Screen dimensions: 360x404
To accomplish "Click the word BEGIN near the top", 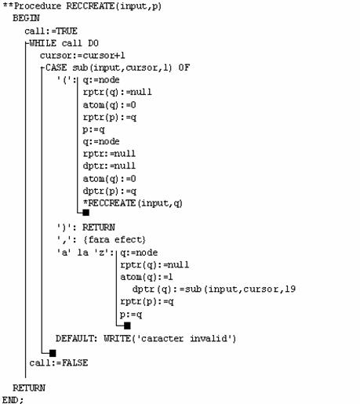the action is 26,18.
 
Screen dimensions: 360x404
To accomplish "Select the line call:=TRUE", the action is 51,31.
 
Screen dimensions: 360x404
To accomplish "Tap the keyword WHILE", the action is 43,43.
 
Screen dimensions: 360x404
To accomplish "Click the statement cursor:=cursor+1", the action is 82,56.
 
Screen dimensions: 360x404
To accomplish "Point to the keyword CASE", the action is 56,67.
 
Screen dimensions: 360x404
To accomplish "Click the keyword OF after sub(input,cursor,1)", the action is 184,67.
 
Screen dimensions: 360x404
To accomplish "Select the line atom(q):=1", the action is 147,277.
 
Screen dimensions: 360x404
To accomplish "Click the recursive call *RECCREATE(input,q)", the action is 133,203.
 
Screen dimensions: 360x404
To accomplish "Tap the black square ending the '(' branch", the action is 86,213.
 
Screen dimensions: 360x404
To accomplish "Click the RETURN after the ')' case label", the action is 99,227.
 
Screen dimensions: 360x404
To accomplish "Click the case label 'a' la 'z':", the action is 85,253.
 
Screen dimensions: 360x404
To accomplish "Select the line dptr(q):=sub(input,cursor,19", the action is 214,289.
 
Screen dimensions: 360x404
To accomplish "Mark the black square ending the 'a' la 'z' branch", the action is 127,326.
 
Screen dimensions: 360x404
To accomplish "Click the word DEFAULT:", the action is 76,338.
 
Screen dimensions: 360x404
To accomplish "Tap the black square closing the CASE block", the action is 53,353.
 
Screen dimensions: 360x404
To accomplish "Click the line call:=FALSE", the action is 59,363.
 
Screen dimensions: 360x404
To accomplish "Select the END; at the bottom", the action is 13,400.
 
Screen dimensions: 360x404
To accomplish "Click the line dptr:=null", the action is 109,166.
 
